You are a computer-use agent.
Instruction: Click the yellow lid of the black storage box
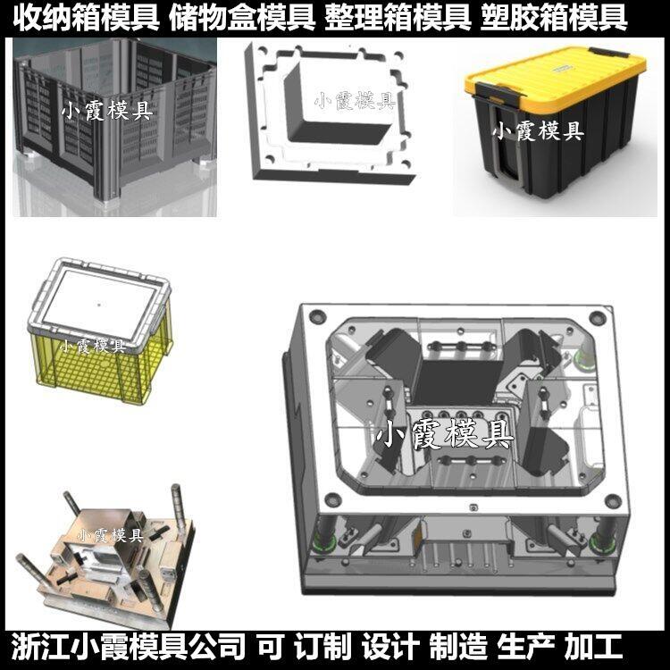[556, 76]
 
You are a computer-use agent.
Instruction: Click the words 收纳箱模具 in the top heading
[87, 19]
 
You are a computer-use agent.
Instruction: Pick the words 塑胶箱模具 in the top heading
[554, 19]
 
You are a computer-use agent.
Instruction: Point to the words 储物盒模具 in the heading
[242, 19]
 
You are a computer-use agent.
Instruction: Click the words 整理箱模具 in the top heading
[398, 19]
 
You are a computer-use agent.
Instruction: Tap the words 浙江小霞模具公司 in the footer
[128, 647]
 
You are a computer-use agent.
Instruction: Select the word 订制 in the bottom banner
[323, 647]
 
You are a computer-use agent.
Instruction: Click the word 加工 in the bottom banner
[593, 647]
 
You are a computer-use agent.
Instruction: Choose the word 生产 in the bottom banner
[526, 647]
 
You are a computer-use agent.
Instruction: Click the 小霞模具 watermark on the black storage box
[538, 130]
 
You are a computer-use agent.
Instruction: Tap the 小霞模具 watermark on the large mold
[444, 434]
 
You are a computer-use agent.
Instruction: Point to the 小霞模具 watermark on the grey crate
[107, 110]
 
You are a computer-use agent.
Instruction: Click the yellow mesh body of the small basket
[103, 367]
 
